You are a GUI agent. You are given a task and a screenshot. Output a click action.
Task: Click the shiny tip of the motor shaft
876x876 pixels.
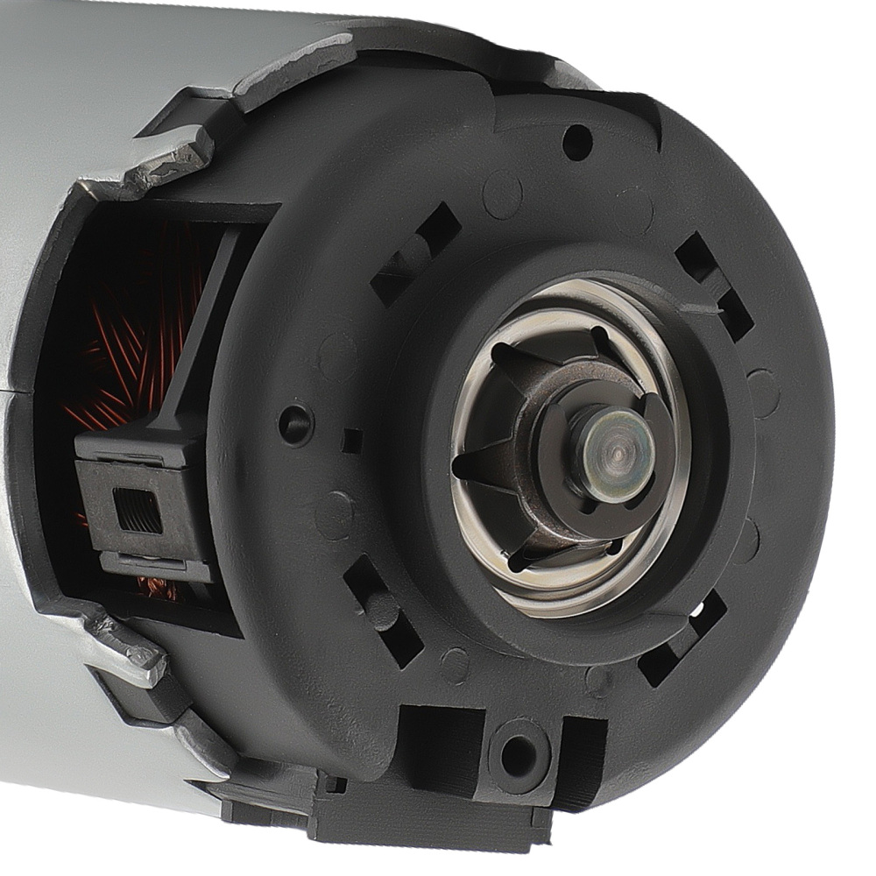point(617,454)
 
